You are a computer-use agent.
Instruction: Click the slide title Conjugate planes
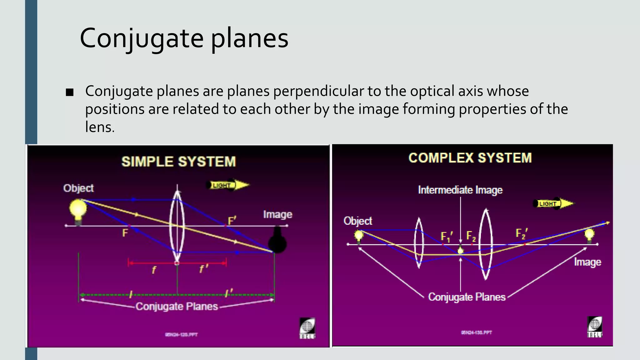click(184, 38)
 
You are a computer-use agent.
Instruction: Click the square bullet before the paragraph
click(70, 92)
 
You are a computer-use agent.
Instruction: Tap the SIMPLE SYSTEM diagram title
click(178, 162)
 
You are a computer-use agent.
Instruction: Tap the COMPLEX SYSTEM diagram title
click(470, 158)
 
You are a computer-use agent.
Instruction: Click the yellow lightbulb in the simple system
click(78, 210)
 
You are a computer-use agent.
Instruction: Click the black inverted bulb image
click(277, 241)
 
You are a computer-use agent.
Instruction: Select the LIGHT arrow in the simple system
click(228, 185)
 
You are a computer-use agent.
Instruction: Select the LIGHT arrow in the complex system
click(553, 204)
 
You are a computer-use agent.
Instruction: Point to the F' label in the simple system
click(232, 221)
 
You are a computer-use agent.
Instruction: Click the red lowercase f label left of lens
click(154, 270)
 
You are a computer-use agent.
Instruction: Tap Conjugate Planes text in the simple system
click(177, 306)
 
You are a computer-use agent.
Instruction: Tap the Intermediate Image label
click(460, 190)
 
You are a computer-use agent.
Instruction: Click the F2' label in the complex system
click(521, 233)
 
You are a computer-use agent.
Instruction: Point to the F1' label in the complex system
click(446, 237)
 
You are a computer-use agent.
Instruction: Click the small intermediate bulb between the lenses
click(460, 251)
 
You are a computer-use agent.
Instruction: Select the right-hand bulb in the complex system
click(589, 235)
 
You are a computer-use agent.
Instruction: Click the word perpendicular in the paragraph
click(318, 91)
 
